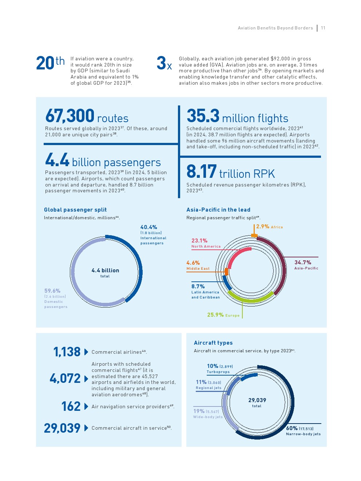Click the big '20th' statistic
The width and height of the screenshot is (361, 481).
[x=50, y=63]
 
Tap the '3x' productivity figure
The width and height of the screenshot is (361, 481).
[x=164, y=63]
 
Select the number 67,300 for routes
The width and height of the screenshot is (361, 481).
[x=70, y=116]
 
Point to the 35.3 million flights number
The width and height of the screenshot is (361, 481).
[x=203, y=116]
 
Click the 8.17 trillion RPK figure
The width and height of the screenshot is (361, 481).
[x=201, y=172]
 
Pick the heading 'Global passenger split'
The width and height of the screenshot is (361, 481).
[x=75, y=210]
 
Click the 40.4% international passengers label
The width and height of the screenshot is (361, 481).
[x=149, y=227]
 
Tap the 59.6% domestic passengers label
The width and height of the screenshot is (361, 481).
[x=52, y=291]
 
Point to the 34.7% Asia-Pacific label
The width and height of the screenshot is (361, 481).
[x=303, y=262]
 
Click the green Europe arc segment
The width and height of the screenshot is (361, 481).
[x=251, y=299]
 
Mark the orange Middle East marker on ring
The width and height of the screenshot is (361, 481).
[x=226, y=271]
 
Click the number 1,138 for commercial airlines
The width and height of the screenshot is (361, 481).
[x=67, y=352]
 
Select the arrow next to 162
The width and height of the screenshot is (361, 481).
[x=86, y=406]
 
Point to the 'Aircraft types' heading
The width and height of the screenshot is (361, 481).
[x=213, y=343]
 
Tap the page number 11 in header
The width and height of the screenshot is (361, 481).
[x=323, y=28]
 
